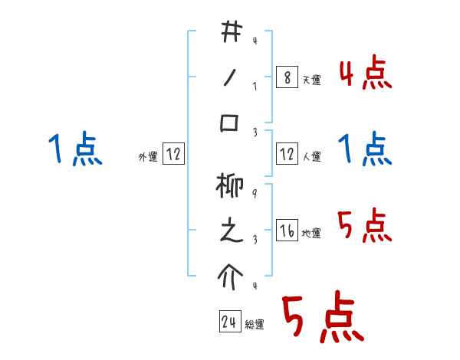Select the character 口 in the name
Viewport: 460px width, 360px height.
point(230,123)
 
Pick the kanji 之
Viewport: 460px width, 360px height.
point(230,232)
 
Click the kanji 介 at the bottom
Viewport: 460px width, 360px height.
point(230,276)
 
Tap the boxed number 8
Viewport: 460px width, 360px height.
point(286,77)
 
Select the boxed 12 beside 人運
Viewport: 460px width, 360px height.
point(286,154)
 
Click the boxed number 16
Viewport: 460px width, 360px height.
point(286,231)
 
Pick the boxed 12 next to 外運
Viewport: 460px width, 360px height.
point(173,155)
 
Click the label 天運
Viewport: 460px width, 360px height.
point(311,80)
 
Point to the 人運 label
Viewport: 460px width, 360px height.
point(311,156)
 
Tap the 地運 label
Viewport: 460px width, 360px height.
point(311,233)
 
